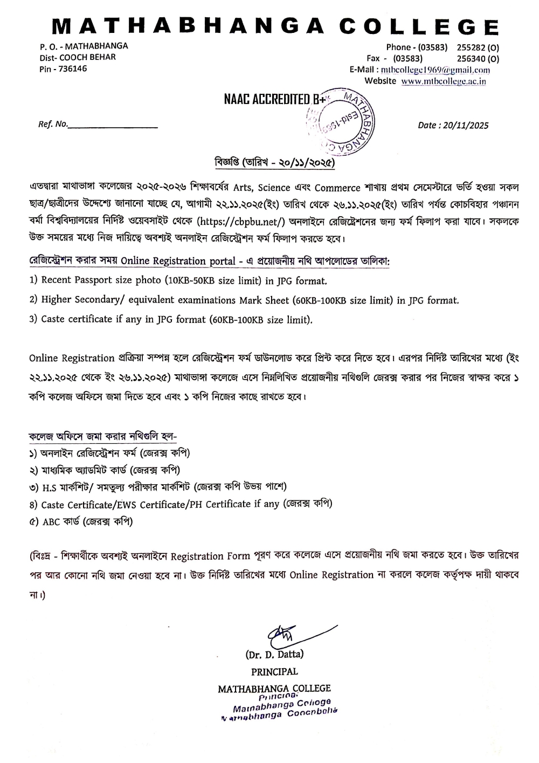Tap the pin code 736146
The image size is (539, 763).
(73, 68)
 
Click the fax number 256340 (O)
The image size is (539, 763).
(478, 58)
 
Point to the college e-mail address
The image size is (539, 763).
(436, 70)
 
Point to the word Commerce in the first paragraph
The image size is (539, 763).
(337, 188)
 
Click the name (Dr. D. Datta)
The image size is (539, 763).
(274, 655)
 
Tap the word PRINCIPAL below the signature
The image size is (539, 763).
(274, 671)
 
